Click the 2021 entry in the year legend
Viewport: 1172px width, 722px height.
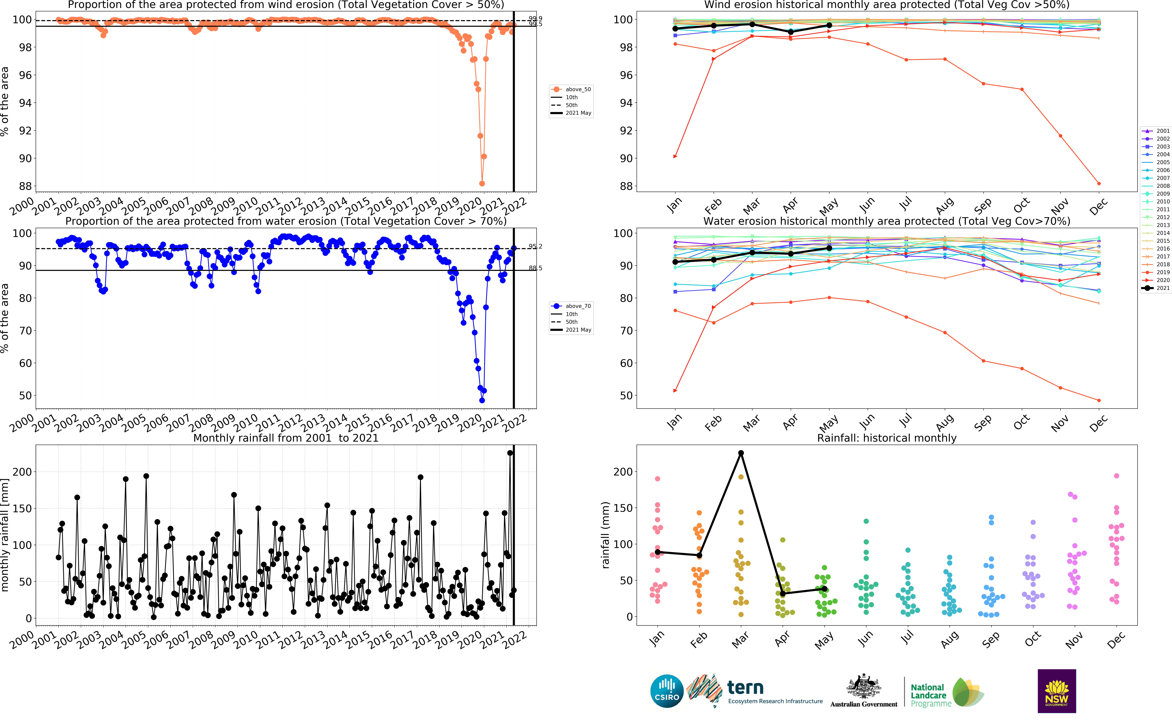coord(1156,288)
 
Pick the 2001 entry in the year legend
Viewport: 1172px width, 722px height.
coord(1156,131)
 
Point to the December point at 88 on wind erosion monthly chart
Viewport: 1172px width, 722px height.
coord(1099,183)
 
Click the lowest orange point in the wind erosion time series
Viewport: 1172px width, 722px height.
coord(482,183)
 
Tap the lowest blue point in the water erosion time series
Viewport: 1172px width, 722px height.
coord(482,400)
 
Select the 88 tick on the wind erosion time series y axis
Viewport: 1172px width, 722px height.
coord(25,186)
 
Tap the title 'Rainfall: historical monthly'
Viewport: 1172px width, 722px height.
coord(886,438)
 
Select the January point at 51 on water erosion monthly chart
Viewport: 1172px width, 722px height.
coord(675,391)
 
